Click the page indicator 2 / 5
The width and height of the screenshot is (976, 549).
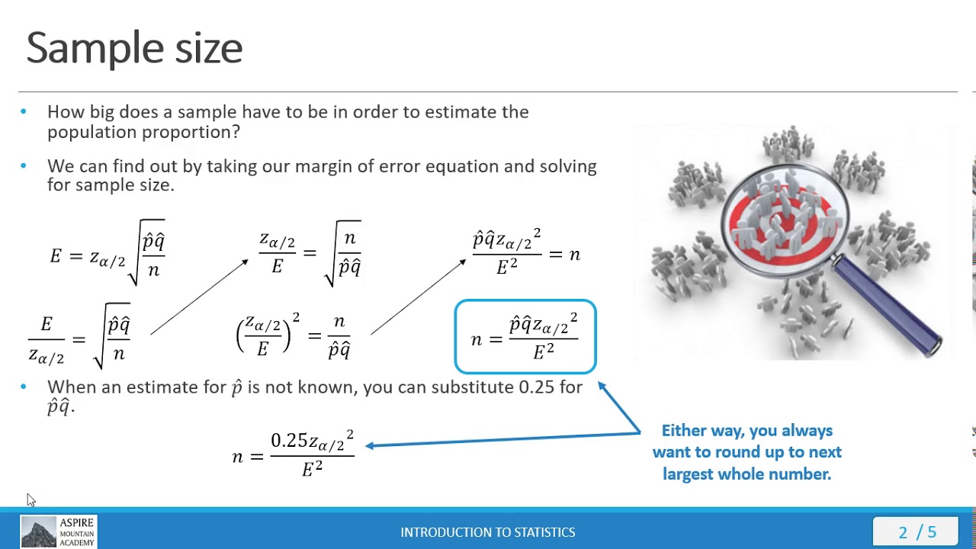tap(917, 532)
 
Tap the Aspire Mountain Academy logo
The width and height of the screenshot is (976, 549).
tap(58, 532)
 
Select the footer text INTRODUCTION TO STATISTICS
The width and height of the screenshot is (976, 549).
tap(488, 532)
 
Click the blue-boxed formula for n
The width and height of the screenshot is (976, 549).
tap(525, 337)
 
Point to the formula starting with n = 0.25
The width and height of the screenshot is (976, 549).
tap(294, 454)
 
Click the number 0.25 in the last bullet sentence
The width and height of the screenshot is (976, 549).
tap(536, 387)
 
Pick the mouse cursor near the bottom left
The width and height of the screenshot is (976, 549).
tap(30, 499)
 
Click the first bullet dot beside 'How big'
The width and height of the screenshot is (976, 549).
tap(24, 112)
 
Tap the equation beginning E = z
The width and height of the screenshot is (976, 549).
tap(108, 253)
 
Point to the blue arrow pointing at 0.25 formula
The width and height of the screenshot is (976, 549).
tap(503, 440)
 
